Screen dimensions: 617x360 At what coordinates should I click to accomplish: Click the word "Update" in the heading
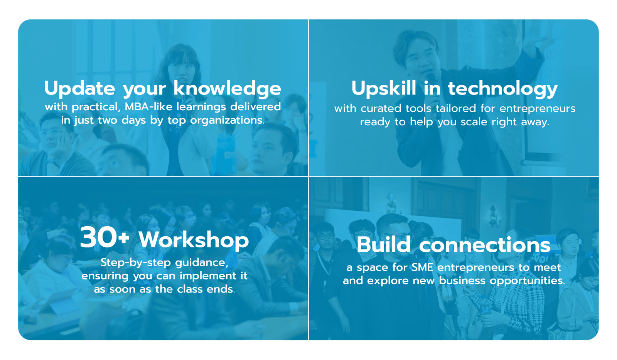pyautogui.click(x=79, y=88)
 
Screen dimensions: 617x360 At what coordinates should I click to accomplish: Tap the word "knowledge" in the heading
pyautogui.click(x=227, y=88)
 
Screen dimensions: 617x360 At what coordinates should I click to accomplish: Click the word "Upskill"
pyautogui.click(x=384, y=88)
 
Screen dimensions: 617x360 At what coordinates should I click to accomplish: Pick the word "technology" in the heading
pyautogui.click(x=503, y=88)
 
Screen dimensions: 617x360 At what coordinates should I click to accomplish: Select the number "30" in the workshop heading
pyautogui.click(x=98, y=237)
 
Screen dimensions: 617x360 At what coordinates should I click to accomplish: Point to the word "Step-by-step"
pyautogui.click(x=135, y=262)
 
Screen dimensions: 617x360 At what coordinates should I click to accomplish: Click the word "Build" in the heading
pyautogui.click(x=384, y=244)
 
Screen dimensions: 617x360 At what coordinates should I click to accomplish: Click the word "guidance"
pyautogui.click(x=202, y=263)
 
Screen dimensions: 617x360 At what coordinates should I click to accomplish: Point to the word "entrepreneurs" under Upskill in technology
pyautogui.click(x=538, y=108)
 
